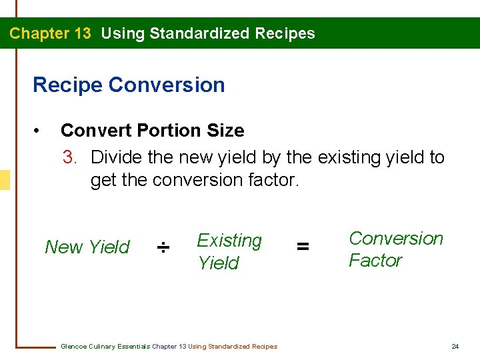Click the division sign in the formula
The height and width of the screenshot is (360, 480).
pyautogui.click(x=163, y=248)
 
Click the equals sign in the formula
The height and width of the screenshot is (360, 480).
pyautogui.click(x=303, y=247)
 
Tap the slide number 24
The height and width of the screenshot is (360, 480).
pyautogui.click(x=455, y=346)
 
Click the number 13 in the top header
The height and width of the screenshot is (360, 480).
pyautogui.click(x=79, y=33)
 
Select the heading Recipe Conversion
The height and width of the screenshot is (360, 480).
pyautogui.click(x=129, y=85)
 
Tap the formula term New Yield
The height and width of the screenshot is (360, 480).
pyautogui.click(x=87, y=247)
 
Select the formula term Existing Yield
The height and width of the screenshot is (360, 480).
pyautogui.click(x=229, y=251)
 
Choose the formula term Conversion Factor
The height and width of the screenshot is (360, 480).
pyautogui.click(x=395, y=249)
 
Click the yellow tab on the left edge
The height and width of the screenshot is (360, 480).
pyautogui.click(x=5, y=180)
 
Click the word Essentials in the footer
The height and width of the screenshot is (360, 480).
pyautogui.click(x=134, y=346)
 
